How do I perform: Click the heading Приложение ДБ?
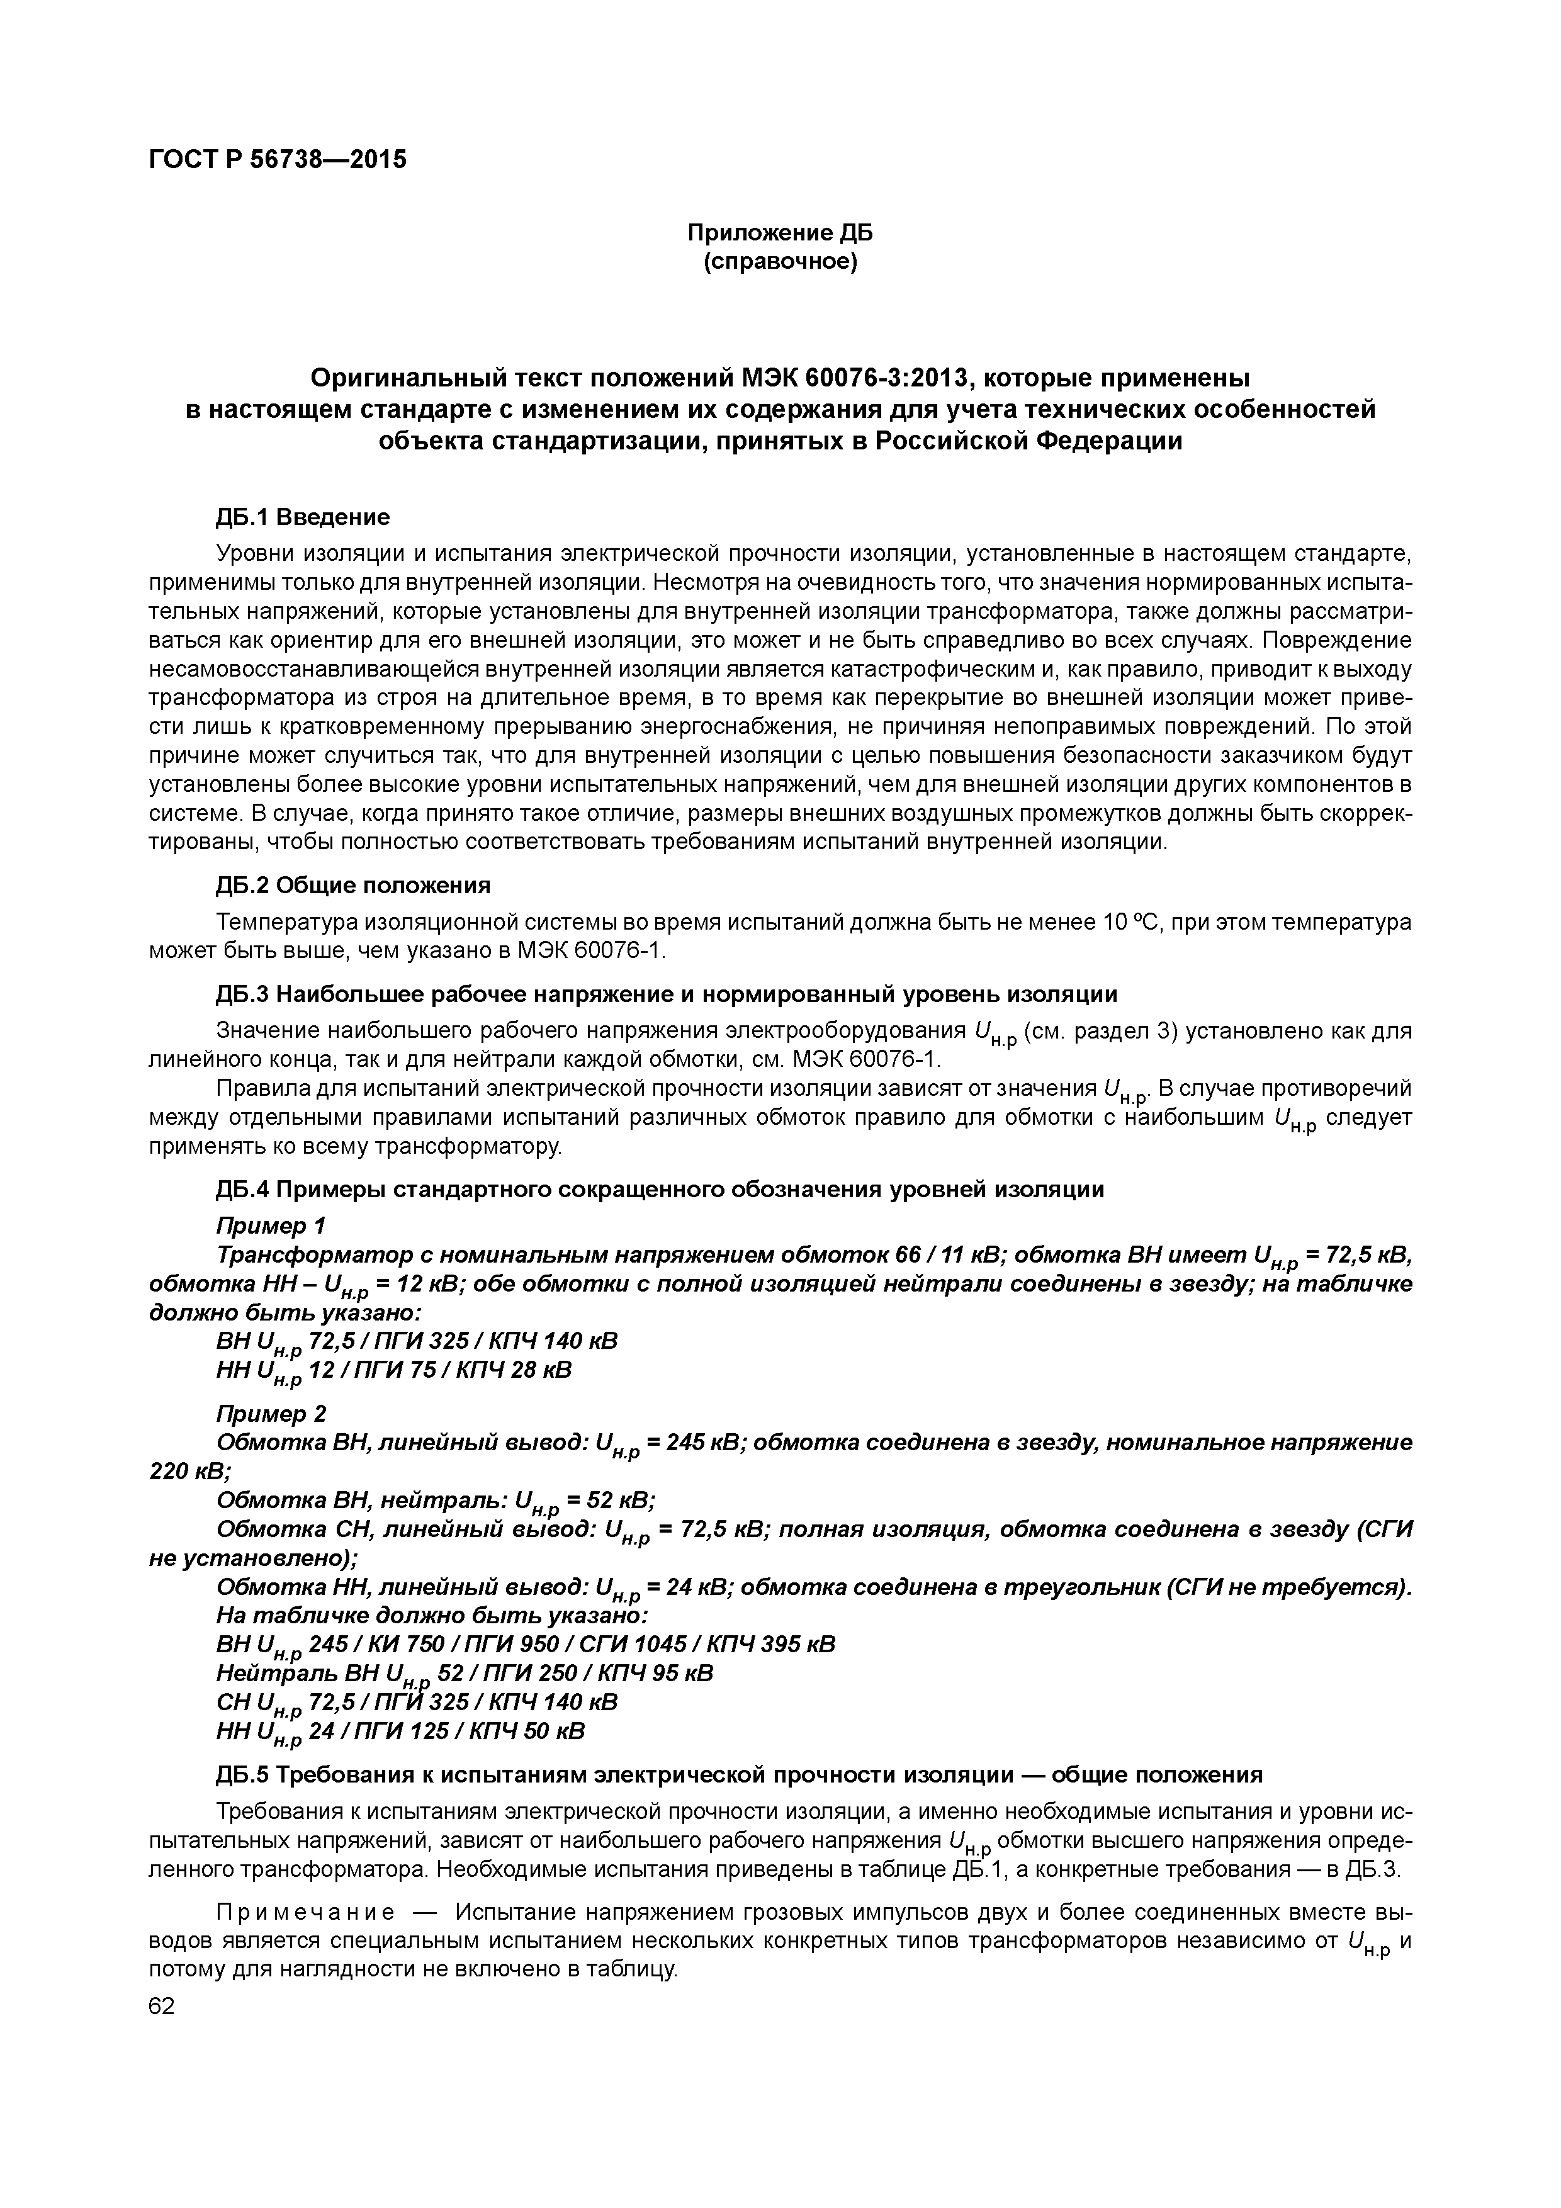coord(779,233)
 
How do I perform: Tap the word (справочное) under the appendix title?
coord(779,262)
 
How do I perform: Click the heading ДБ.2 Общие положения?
coord(353,885)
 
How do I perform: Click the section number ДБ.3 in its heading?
coord(244,993)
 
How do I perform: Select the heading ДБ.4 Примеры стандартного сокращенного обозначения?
coord(660,1190)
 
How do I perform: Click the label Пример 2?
coord(271,1414)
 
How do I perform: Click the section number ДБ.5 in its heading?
coord(244,1774)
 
